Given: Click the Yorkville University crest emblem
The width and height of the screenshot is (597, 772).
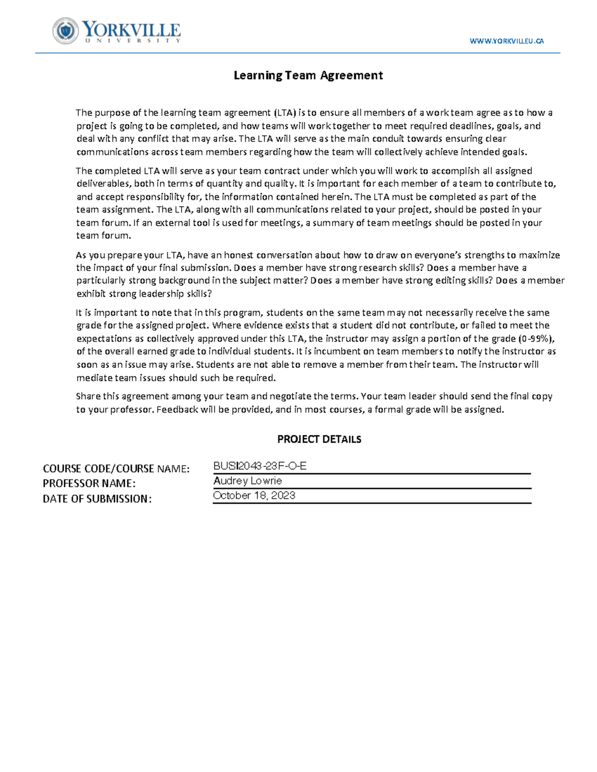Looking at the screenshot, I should click(66, 31).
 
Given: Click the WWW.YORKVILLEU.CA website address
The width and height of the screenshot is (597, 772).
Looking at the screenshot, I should click(506, 41).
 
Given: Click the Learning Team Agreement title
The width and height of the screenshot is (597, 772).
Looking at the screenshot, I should click(308, 76).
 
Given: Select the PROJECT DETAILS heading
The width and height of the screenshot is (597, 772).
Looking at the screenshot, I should click(319, 439).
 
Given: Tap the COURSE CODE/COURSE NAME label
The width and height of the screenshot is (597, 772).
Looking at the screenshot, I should click(116, 469).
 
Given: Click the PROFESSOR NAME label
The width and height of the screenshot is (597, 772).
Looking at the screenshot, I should click(89, 484).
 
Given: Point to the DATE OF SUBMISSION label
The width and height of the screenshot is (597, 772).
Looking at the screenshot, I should click(97, 499).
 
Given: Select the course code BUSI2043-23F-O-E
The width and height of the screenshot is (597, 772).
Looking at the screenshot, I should click(260, 466).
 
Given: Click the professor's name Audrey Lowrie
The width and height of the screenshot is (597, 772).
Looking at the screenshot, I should click(247, 481).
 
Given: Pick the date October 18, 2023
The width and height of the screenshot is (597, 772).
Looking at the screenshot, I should click(254, 496).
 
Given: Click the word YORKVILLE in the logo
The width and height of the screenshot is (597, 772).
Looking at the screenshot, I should click(131, 29).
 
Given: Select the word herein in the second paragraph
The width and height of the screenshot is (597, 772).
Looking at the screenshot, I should click(337, 196).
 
